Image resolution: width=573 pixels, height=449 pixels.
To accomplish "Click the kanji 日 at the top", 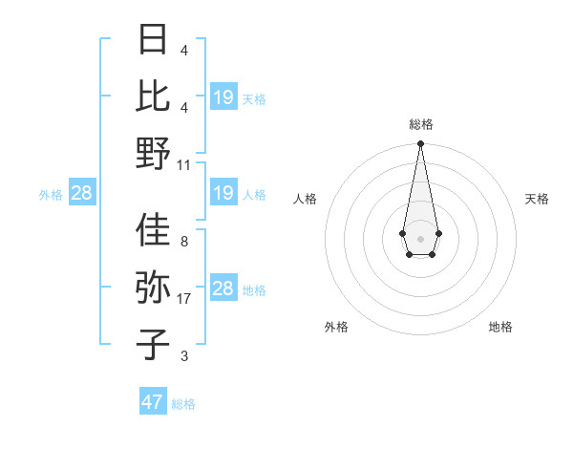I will pos(154,40).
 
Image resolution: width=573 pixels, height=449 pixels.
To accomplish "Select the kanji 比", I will pos(154,96).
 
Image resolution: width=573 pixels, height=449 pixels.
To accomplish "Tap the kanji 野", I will pos(154,153).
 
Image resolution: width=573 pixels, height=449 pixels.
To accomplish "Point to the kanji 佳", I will pos(154,230).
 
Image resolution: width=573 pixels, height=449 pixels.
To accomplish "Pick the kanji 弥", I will pos(154,287).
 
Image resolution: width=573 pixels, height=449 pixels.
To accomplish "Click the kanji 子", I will pos(154,343).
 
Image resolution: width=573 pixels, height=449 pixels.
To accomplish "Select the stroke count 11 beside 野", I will pos(184,164).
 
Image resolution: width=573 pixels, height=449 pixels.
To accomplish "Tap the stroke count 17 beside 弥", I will pos(184,299).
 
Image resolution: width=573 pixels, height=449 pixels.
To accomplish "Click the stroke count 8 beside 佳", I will pos(184,242).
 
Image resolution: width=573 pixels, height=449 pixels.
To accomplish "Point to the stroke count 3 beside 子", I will pos(184,356).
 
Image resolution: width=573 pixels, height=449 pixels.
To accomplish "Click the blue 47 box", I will pos(153,402).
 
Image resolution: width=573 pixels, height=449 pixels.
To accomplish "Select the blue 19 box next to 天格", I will pos(223,96).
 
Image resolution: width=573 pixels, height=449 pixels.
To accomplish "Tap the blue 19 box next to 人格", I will pos(223,194).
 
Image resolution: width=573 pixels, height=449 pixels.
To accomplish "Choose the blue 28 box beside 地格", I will pos(223,289).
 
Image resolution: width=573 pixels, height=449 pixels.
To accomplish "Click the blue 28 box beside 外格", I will pos(82,194).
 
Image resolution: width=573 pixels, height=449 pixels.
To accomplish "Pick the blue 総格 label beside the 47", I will pos(183,404).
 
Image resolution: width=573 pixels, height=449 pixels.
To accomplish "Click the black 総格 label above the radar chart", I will pos(420,124).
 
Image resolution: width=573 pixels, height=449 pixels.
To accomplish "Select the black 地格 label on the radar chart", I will pos(500,327).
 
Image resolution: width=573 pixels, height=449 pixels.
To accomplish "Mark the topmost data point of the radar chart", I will pos(420,144).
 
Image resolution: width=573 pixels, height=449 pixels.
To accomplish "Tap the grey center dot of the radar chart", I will pos(420,237).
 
